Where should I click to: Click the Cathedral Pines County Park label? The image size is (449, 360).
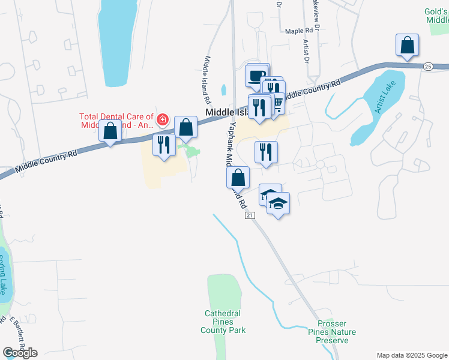pyautogui.click(x=222, y=322)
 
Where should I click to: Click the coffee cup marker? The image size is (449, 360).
pyautogui.click(x=256, y=76)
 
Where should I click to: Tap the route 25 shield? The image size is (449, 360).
pyautogui.click(x=427, y=66)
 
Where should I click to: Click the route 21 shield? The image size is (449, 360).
pyautogui.click(x=250, y=215)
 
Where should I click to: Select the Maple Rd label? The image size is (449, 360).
pyautogui.click(x=300, y=31)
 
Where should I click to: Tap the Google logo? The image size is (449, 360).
pyautogui.click(x=20, y=352)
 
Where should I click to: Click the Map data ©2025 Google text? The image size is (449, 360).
pyautogui.click(x=412, y=355)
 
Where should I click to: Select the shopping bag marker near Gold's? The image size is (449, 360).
pyautogui.click(x=407, y=46)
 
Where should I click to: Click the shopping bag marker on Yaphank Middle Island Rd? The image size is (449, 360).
pyautogui.click(x=238, y=178)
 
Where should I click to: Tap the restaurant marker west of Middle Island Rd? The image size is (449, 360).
pyautogui.click(x=164, y=145)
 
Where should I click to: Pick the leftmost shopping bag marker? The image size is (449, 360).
pyautogui.click(x=110, y=131)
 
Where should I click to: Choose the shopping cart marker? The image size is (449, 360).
pyautogui.click(x=277, y=104)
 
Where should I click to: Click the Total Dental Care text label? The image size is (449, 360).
pyautogui.click(x=116, y=121)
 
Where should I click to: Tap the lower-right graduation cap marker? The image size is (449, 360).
pyautogui.click(x=278, y=204)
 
